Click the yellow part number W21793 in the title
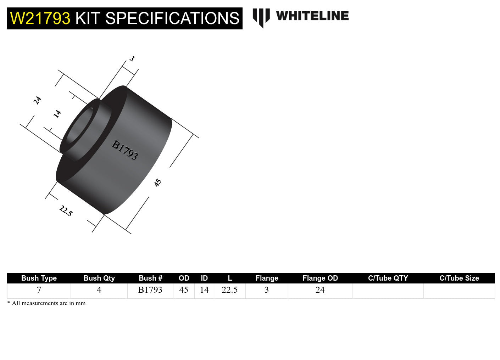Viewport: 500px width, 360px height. (x=40, y=18)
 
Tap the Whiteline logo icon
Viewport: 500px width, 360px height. (x=261, y=17)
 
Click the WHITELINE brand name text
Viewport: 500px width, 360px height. (x=312, y=16)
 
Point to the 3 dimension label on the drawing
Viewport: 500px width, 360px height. (x=132, y=58)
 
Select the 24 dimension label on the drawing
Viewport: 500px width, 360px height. (x=37, y=100)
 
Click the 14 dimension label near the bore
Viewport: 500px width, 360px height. (x=57, y=114)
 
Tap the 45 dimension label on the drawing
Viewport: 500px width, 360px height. (x=158, y=182)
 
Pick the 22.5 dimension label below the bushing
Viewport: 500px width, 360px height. (x=66, y=211)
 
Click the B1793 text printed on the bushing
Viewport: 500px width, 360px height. (x=124, y=150)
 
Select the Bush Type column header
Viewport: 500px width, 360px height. (x=39, y=278)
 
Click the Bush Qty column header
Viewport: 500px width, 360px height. (x=99, y=278)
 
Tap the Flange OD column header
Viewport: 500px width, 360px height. (x=320, y=278)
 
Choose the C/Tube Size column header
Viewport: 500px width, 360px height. (x=459, y=278)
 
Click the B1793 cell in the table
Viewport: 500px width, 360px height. (x=150, y=290)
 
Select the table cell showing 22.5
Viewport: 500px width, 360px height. (x=229, y=290)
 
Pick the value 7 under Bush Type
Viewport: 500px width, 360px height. (x=39, y=290)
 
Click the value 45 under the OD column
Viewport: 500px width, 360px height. (x=184, y=290)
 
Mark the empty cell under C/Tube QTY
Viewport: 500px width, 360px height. (x=388, y=291)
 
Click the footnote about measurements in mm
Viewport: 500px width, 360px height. (x=46, y=303)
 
